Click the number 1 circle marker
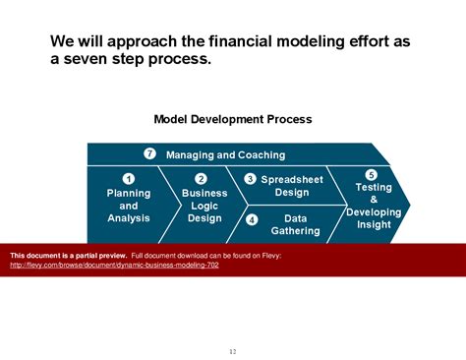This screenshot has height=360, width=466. click(x=129, y=178)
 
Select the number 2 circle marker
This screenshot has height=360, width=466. click(x=201, y=178)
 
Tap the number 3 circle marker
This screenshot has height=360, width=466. click(x=251, y=179)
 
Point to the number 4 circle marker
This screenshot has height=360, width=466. click(x=252, y=218)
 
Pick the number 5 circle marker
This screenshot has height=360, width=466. click(x=371, y=175)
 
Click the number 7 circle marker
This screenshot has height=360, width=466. click(x=149, y=154)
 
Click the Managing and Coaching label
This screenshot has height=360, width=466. click(x=225, y=154)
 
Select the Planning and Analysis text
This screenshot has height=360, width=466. click(x=129, y=206)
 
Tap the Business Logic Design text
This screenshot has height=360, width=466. click(x=204, y=206)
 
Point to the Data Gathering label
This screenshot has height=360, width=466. click(x=295, y=224)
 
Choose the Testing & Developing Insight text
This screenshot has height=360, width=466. click(x=373, y=206)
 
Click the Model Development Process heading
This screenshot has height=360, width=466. click(x=233, y=119)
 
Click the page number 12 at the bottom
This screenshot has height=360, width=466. click(x=233, y=351)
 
